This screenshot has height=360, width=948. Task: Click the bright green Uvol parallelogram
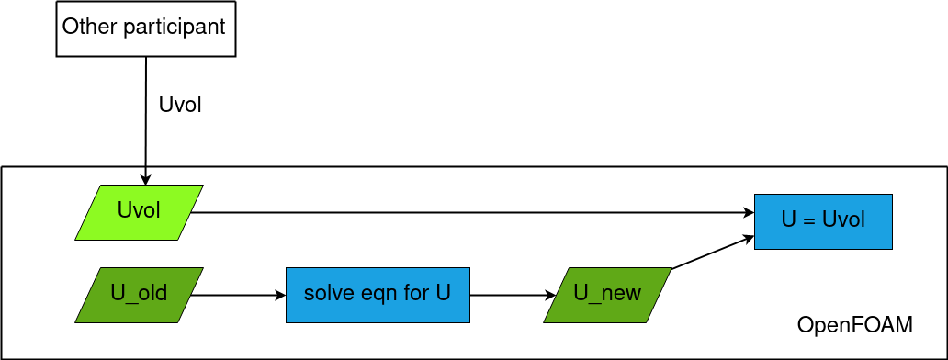(139, 212)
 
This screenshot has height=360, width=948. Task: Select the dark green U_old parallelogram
(139, 295)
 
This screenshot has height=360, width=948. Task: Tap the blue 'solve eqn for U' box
(378, 295)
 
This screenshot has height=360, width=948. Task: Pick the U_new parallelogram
(607, 295)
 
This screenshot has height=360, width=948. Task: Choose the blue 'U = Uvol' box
(823, 221)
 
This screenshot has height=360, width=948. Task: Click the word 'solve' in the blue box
(322, 294)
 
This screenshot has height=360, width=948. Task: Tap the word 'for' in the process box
(410, 294)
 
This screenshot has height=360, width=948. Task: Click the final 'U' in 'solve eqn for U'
(443, 294)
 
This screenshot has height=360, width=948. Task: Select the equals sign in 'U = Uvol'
(809, 220)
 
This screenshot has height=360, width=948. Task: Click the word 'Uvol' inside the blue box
(843, 220)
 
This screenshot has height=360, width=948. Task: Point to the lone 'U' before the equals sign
(789, 220)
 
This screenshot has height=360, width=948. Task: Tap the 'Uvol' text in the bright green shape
(139, 210)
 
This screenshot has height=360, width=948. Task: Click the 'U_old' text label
(139, 293)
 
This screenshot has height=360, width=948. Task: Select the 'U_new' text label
(607, 293)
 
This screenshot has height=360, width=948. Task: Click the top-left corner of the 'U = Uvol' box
(756, 196)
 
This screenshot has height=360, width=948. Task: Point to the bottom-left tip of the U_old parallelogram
(77, 321)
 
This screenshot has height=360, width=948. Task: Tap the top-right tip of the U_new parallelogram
(670, 269)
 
